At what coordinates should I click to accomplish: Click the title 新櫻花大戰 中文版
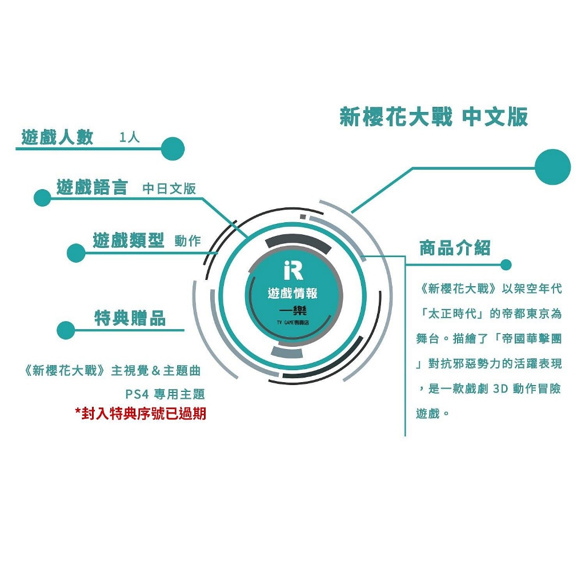tap(434, 117)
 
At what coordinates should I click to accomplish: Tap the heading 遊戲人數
tap(57, 137)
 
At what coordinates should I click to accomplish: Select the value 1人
tap(130, 137)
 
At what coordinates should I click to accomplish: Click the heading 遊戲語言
tap(92, 187)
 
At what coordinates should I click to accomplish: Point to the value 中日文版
tap(169, 189)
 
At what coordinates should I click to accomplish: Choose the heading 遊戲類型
tap(129, 240)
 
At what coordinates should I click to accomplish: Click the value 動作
tap(187, 241)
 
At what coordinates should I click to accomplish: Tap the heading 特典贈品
tap(130, 318)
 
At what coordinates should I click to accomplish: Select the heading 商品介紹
tap(455, 248)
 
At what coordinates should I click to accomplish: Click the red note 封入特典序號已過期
tap(141, 414)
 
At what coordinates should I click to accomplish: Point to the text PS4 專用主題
tap(165, 394)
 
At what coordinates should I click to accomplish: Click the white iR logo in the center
tap(293, 270)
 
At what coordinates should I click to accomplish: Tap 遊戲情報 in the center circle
tap(292, 293)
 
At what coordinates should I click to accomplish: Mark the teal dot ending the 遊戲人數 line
tap(173, 149)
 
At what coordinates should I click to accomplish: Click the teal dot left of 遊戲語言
tap(42, 198)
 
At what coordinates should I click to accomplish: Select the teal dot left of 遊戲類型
tap(76, 253)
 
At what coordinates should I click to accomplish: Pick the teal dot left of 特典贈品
tap(66, 330)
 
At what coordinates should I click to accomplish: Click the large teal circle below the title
tap(552, 167)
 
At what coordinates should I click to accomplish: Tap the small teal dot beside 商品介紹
tap(506, 265)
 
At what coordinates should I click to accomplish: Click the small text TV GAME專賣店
tap(293, 322)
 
